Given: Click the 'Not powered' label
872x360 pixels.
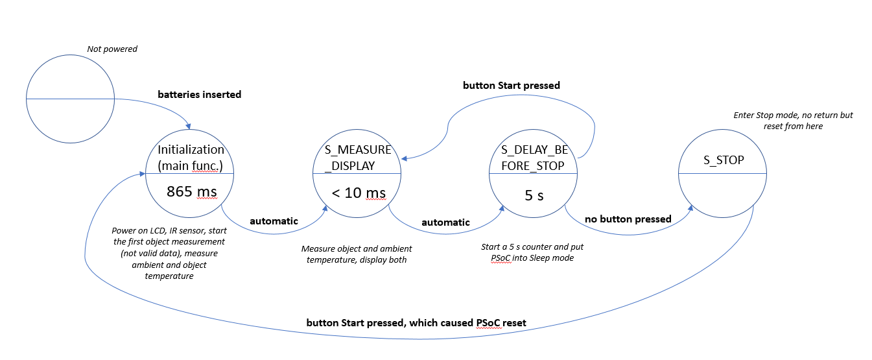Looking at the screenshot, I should click(x=112, y=49).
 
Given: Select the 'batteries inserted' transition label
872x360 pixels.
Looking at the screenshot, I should click(x=199, y=95).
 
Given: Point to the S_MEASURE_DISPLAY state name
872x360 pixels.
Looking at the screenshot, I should click(x=358, y=158).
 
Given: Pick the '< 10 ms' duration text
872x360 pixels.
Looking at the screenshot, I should click(x=358, y=193).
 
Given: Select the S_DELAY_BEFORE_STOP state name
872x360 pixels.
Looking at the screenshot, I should click(x=534, y=158).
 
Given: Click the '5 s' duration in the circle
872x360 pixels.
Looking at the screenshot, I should click(x=534, y=195).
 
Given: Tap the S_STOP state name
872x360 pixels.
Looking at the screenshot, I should click(x=724, y=160).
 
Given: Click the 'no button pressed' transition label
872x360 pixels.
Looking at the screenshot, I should click(x=628, y=219).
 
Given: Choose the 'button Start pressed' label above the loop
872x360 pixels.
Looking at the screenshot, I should click(x=511, y=86).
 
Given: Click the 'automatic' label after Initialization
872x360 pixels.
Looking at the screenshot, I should click(x=274, y=221).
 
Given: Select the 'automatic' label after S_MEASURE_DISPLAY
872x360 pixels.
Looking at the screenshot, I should click(x=445, y=222).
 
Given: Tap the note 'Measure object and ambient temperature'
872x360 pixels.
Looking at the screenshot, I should click(x=357, y=254).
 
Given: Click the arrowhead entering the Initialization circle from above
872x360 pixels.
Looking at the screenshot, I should click(x=189, y=125).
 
